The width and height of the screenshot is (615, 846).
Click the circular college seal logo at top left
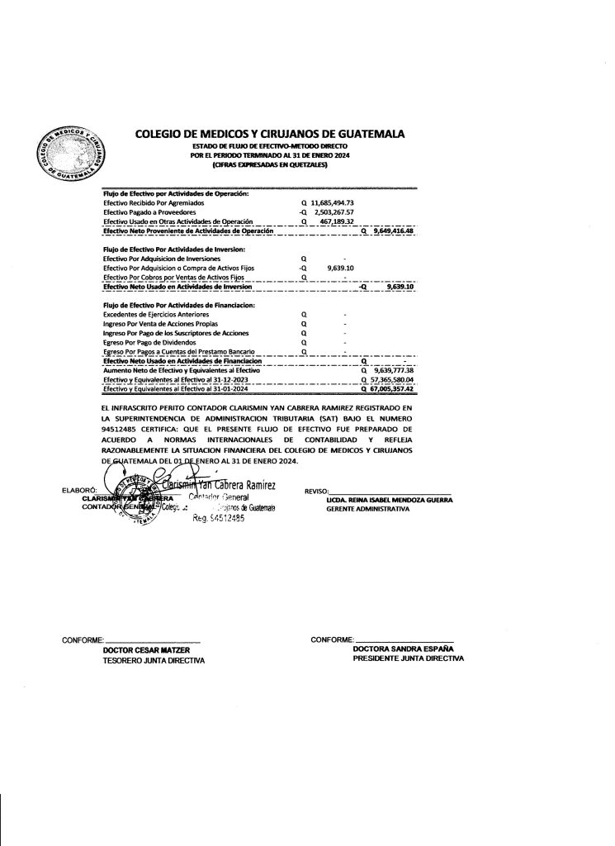point(67,152)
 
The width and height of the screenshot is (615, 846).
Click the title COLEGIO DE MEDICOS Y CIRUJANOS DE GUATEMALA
point(268,135)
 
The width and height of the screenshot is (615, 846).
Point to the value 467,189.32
point(336,222)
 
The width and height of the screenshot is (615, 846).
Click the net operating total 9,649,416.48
point(392,232)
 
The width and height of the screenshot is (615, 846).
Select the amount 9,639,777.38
point(392,371)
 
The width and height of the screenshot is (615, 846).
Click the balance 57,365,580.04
point(392,380)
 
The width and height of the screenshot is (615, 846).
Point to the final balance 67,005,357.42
point(392,389)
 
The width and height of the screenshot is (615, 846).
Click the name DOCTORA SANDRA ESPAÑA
point(402,649)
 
